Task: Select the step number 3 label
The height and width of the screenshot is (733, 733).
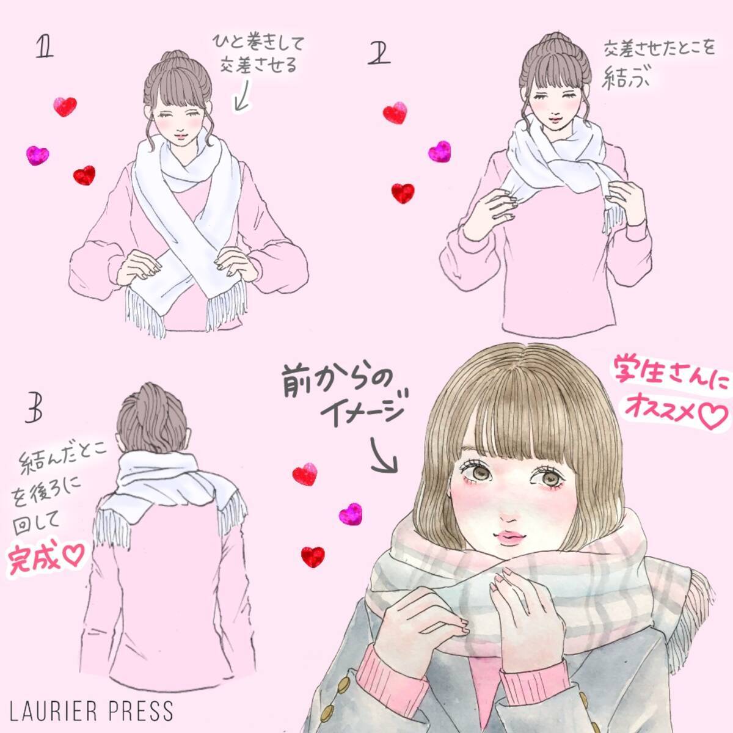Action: pyautogui.click(x=34, y=409)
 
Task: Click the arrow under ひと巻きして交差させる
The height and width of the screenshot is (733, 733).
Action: pyautogui.click(x=242, y=94)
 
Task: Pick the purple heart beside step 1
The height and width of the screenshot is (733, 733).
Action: pyautogui.click(x=37, y=156)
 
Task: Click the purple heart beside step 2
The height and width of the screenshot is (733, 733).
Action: pyautogui.click(x=439, y=151)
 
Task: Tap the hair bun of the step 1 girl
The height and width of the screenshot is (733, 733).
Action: pyautogui.click(x=175, y=57)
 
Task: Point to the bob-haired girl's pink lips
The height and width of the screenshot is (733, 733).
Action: pyautogui.click(x=511, y=537)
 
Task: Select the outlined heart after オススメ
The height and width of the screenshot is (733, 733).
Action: pyautogui.click(x=710, y=416)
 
